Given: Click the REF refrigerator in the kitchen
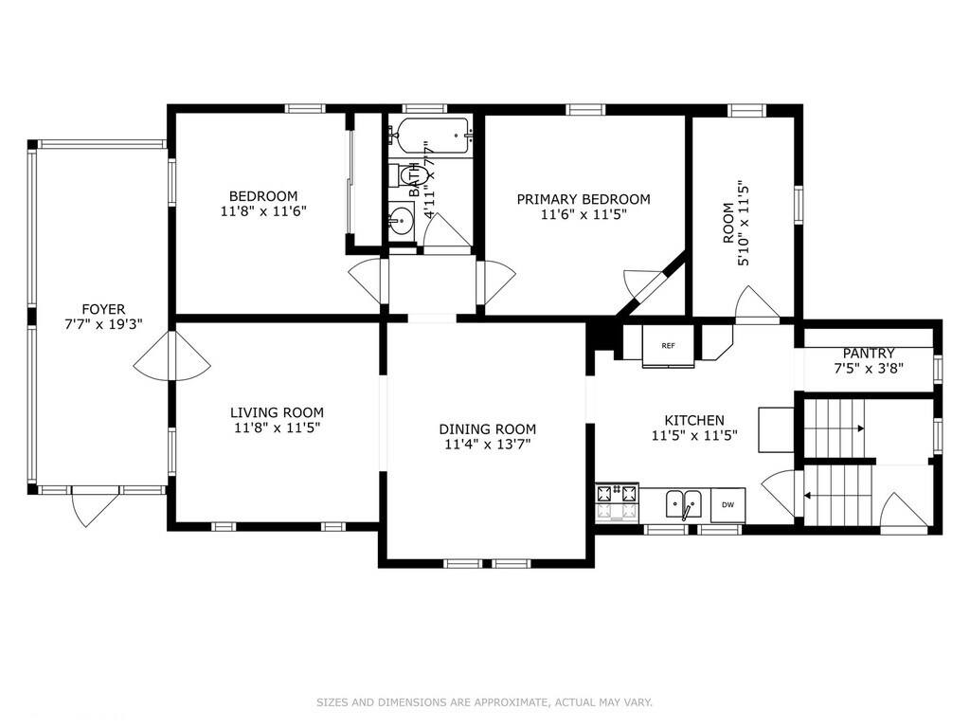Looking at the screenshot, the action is tap(668, 345).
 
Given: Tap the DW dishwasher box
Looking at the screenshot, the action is tap(728, 505).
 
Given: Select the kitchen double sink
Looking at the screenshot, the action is tap(684, 504).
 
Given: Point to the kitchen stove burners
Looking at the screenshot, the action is tap(617, 502).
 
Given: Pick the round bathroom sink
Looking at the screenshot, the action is tap(402, 220).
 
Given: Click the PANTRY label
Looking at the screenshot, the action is tap(869, 354).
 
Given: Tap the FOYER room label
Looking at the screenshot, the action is tap(103, 309).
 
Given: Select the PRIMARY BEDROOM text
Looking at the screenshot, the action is tap(584, 199).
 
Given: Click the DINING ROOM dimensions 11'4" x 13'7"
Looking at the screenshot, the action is tap(488, 445).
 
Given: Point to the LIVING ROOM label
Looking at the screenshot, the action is tap(277, 412).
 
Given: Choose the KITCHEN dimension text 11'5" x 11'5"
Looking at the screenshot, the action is tap(694, 436).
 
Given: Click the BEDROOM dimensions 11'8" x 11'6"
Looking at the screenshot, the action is tap(263, 211).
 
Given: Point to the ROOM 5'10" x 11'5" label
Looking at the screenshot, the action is tap(735, 223).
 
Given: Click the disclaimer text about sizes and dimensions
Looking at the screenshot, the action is tap(484, 702).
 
